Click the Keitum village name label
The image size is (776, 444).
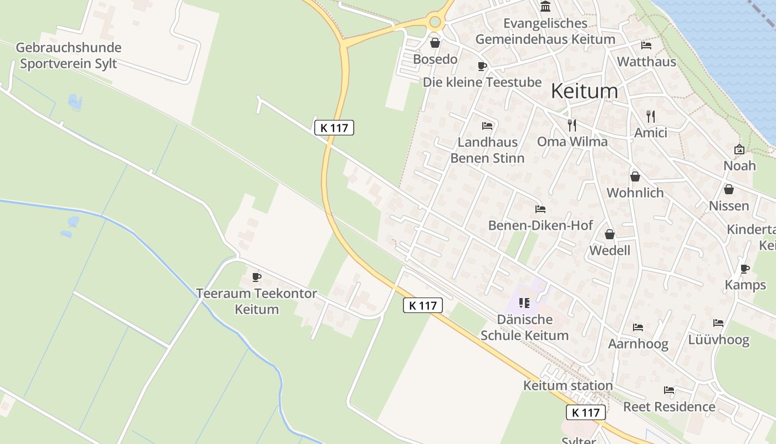pos(584,90)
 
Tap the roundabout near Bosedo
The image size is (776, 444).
pos(435,22)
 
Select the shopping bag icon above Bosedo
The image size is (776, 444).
pos(435,43)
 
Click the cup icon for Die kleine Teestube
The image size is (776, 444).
pos(482,66)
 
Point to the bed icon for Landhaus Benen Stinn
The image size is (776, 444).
pos(487,126)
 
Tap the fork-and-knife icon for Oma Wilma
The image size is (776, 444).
pos(572,125)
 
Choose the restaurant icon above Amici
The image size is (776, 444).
pos(651,116)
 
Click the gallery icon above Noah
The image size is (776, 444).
pos(739,149)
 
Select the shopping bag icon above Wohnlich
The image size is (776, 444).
pos(635,176)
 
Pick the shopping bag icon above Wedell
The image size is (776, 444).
pos(610,234)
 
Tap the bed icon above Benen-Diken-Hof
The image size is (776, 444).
pos(540,209)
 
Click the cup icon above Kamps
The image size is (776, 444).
pos(745,269)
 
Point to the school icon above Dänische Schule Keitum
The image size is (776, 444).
pos(524,303)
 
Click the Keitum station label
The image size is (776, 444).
pos(568,385)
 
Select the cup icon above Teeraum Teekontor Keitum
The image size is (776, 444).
pos(256,277)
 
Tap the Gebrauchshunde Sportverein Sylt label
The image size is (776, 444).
pos(68,56)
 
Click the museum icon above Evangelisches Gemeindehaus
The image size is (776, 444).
pos(545,7)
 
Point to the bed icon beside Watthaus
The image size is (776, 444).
pos(646,46)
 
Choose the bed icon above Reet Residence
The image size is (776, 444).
pos(669,391)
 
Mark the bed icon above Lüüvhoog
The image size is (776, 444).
pos(718,323)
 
